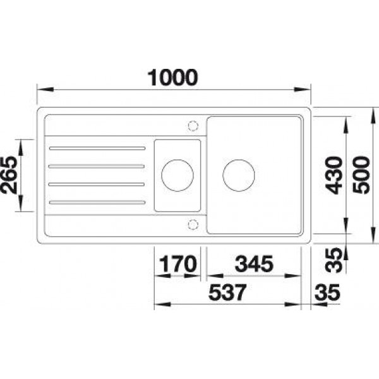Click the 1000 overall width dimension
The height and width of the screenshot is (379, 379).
tap(172, 77)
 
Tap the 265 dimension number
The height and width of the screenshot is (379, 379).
tap(9, 175)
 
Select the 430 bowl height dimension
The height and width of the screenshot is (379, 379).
tap(334, 175)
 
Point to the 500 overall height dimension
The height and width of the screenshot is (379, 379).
tap(361, 175)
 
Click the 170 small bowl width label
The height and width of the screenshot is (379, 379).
tap(177, 263)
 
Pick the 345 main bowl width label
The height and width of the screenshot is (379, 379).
tap(254, 263)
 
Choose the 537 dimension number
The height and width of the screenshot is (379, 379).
tap(227, 292)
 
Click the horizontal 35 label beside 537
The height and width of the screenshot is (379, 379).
tap(327, 292)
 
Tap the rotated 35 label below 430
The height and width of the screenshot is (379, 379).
tap(334, 260)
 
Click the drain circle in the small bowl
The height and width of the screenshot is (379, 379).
tap(177, 160)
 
